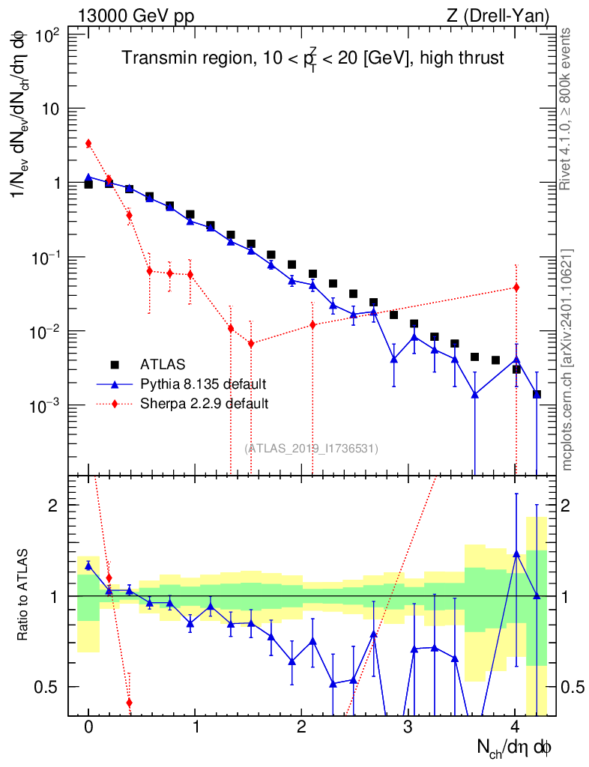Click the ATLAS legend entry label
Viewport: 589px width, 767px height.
coord(163,365)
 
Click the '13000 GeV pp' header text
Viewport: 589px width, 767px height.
coord(136,16)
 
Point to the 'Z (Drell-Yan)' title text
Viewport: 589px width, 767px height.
coord(498,16)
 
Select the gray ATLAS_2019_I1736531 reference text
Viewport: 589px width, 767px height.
coord(311,448)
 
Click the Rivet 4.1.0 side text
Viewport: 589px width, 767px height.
coord(565,109)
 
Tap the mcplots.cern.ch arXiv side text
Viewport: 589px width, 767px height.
coord(567,360)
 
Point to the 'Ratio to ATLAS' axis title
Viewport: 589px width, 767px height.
coord(22,595)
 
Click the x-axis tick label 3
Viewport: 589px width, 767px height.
coord(408,727)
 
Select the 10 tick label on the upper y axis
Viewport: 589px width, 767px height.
coord(50,109)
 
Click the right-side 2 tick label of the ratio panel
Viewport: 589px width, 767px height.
coord(565,506)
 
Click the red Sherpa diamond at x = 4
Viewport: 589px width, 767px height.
coord(516,288)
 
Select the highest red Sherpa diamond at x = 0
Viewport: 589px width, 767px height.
coord(88,143)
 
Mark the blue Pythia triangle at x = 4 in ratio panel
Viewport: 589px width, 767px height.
coord(516,554)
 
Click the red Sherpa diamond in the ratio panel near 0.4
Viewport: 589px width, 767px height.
coord(129,703)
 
